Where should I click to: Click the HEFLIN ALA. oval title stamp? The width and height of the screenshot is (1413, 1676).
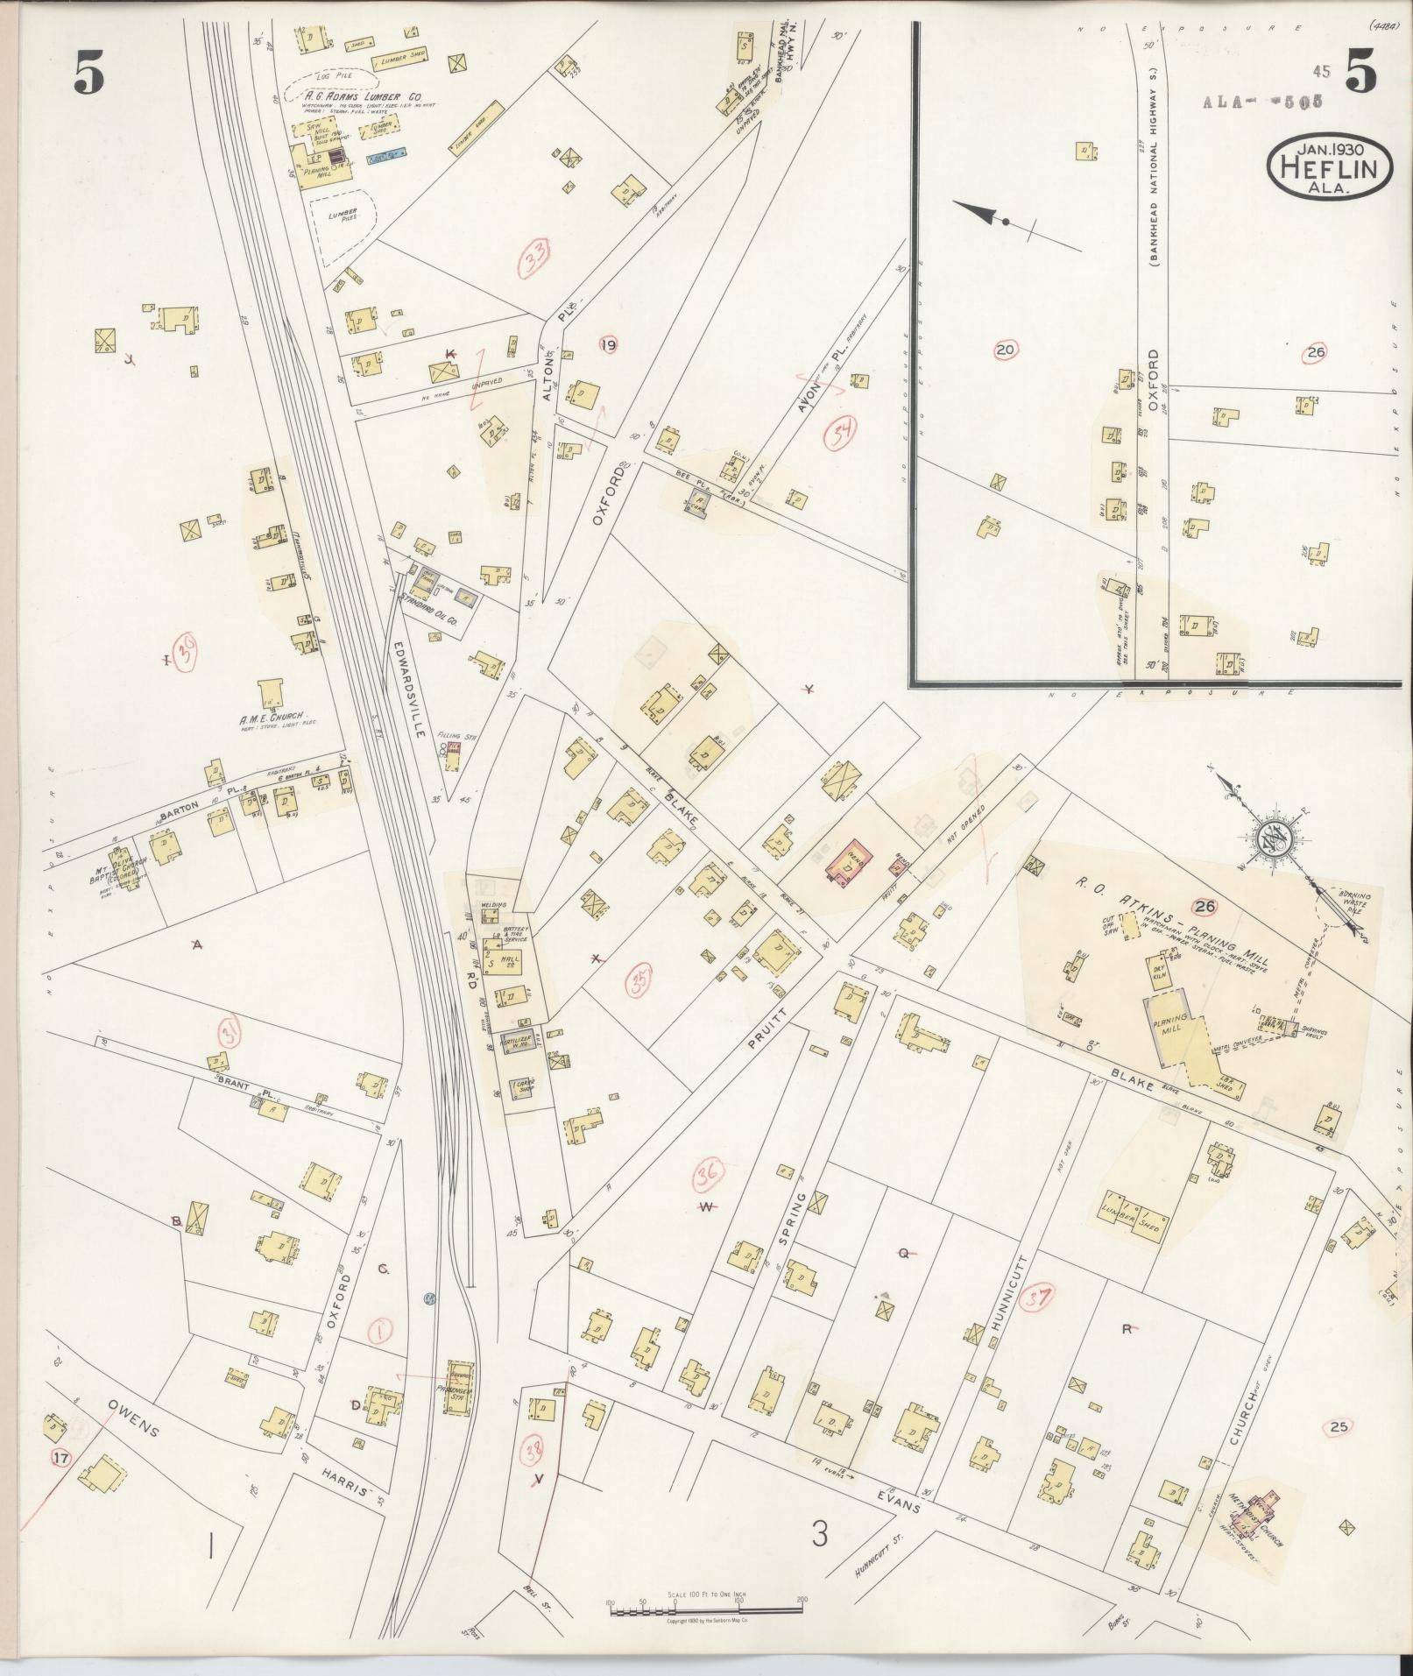(1329, 166)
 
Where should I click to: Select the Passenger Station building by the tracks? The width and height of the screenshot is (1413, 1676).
(460, 1390)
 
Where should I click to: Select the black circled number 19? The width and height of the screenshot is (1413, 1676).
(607, 345)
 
